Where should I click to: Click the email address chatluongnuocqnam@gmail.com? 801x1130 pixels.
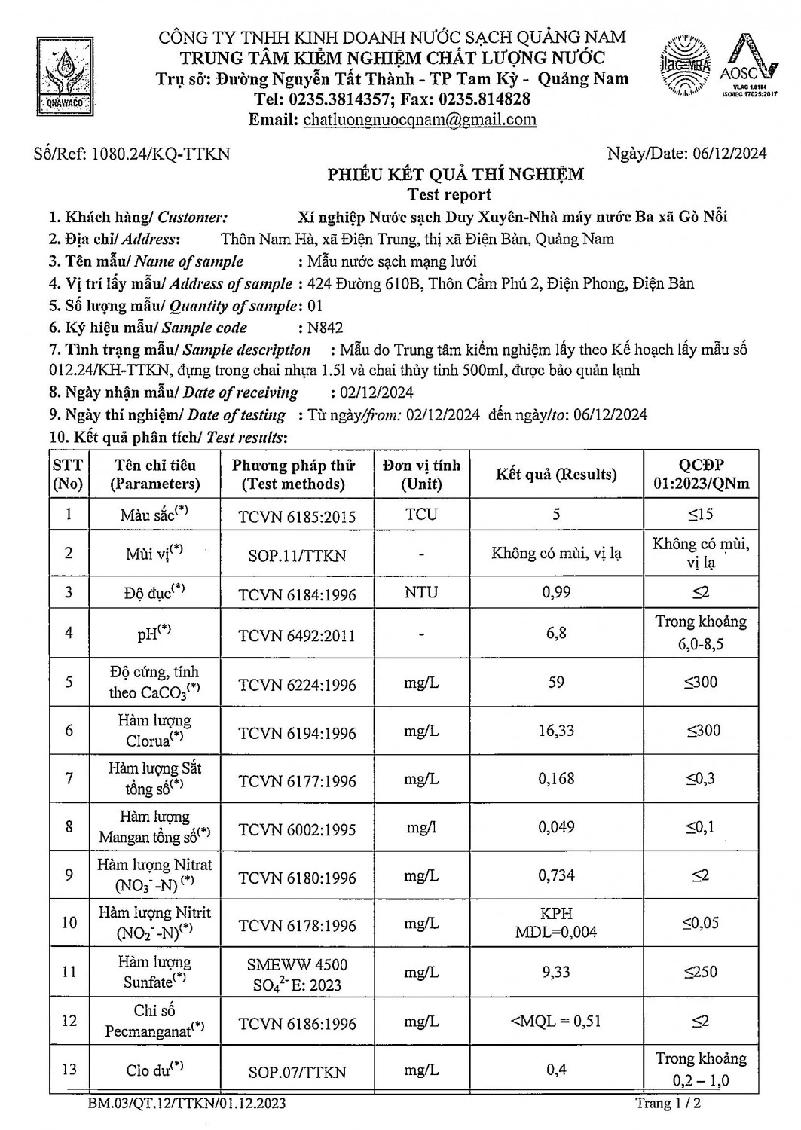(x=420, y=119)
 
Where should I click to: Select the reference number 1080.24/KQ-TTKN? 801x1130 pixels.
(x=161, y=154)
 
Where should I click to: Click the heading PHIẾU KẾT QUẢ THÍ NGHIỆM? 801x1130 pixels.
(x=455, y=175)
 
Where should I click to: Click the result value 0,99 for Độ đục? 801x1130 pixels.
(x=556, y=593)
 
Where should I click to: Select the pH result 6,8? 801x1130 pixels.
(x=556, y=633)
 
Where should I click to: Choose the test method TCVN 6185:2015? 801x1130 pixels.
(x=297, y=517)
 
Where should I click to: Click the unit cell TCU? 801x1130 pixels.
(x=420, y=515)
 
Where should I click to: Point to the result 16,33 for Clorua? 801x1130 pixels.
(x=556, y=731)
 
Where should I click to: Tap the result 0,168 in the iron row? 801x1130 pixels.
(x=556, y=779)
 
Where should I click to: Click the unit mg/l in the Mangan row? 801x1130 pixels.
(x=420, y=827)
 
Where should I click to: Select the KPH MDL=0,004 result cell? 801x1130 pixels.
(x=556, y=923)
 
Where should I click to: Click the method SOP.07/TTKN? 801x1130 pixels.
(x=297, y=1071)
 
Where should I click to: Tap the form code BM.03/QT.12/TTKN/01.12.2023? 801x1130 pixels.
(x=187, y=1104)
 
